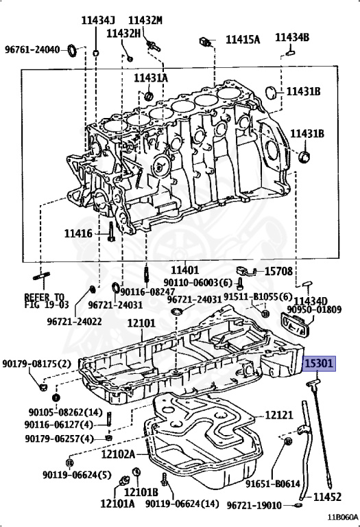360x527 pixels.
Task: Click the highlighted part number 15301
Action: click(x=319, y=364)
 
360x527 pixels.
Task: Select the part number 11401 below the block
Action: click(x=184, y=270)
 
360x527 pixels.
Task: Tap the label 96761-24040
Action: click(x=32, y=50)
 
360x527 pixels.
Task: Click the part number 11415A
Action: click(x=243, y=40)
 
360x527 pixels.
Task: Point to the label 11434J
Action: click(x=98, y=21)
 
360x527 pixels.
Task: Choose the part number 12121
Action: click(x=278, y=415)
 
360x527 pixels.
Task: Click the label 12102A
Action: click(x=118, y=454)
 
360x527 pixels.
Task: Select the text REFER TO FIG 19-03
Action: click(x=47, y=301)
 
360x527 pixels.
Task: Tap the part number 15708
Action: click(x=278, y=271)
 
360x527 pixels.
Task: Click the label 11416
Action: click(x=78, y=233)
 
